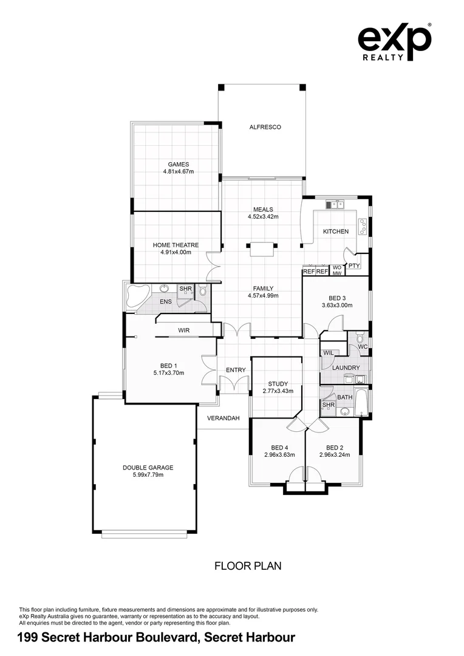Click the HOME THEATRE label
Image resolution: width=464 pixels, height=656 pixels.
click(176, 245)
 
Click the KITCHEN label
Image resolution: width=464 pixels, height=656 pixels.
click(335, 231)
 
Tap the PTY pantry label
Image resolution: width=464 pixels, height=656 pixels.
click(354, 265)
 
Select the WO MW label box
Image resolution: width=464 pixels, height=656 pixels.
click(337, 270)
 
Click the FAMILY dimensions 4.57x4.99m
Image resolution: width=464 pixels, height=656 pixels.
click(263, 296)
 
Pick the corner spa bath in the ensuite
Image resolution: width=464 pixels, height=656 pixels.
click(139, 296)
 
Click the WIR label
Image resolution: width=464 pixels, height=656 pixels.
click(185, 330)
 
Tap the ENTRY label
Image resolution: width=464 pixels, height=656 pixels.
click(235, 370)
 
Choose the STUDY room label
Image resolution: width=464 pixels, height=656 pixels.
click(278, 384)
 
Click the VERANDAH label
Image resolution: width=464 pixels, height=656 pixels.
click(223, 418)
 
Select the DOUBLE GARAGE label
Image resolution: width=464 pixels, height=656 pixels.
click(148, 468)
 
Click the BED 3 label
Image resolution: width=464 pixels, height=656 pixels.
click(337, 298)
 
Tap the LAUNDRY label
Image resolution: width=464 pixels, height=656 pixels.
click(346, 367)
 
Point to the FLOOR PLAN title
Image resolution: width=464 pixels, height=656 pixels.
click(248, 566)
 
